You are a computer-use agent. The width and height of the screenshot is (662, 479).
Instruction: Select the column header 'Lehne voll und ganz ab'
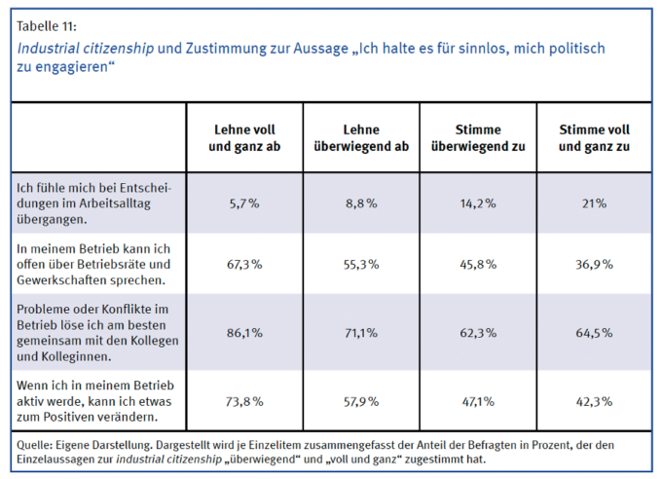click(244, 137)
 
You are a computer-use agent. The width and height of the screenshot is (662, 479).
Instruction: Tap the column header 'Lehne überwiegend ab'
click(361, 137)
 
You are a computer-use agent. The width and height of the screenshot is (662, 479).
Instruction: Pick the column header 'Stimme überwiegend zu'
click(477, 137)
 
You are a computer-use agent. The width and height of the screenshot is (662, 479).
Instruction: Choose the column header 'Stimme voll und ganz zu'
click(594, 137)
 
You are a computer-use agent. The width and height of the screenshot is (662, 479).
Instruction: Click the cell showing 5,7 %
click(244, 203)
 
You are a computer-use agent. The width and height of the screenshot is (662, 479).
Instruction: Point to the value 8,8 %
click(361, 203)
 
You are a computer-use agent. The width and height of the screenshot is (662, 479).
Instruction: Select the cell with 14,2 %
click(477, 203)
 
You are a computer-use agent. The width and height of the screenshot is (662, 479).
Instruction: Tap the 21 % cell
click(594, 203)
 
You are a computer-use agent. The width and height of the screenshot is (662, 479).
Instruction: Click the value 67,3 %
click(244, 264)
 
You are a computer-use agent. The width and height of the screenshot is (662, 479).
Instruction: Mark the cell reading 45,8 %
click(477, 264)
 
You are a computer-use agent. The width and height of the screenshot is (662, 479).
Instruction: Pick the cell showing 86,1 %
click(244, 332)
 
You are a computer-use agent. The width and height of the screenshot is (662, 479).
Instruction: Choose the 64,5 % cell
click(594, 332)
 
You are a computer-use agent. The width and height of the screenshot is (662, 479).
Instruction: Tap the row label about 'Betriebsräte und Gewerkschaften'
click(94, 264)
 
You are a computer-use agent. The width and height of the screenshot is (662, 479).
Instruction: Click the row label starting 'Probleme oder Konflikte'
click(94, 332)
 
